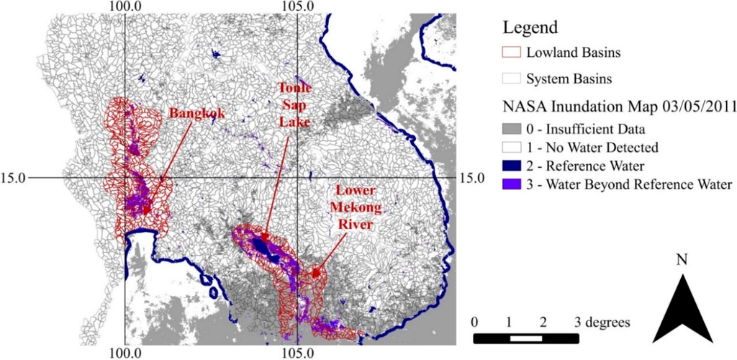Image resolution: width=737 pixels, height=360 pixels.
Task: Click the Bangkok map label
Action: point(193,114)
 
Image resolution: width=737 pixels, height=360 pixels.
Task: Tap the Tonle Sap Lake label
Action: point(296,105)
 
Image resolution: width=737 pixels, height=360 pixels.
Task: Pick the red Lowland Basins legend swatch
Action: point(512,53)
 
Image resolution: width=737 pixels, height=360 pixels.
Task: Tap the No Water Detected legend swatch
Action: point(512,148)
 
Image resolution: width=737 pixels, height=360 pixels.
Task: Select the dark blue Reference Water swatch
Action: point(512,166)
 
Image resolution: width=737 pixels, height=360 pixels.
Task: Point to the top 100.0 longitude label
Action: point(125,6)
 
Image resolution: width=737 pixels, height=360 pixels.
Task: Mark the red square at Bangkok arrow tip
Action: point(147,211)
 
